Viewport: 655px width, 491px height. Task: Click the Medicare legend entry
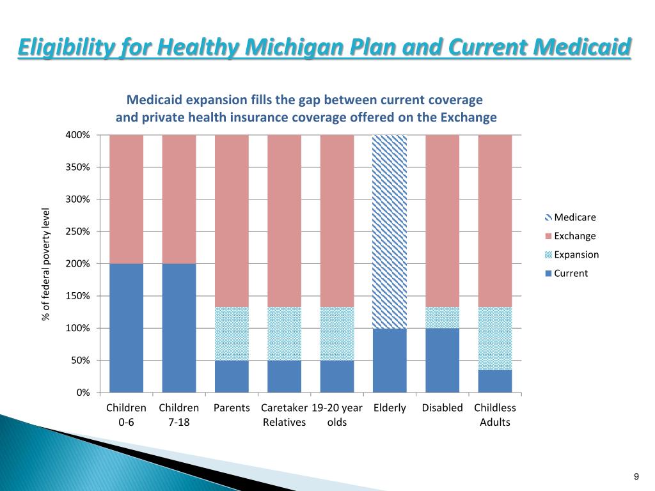[571, 217]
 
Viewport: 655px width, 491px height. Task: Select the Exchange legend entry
[571, 236]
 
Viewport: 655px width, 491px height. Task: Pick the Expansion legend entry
[572, 254]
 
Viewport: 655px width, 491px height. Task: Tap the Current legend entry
[567, 273]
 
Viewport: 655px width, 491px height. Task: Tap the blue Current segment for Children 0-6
[127, 327]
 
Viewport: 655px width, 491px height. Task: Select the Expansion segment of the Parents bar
[232, 333]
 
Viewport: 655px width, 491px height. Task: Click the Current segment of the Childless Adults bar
[494, 381]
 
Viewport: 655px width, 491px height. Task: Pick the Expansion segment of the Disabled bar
[442, 317]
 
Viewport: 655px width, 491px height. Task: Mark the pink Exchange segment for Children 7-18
[179, 199]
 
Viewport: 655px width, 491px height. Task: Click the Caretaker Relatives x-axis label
[283, 415]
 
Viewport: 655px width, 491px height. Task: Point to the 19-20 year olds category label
[336, 415]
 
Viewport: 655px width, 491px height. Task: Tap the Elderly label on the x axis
[390, 408]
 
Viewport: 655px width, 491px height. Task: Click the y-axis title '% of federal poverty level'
[46, 264]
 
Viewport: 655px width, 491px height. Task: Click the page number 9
[636, 476]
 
